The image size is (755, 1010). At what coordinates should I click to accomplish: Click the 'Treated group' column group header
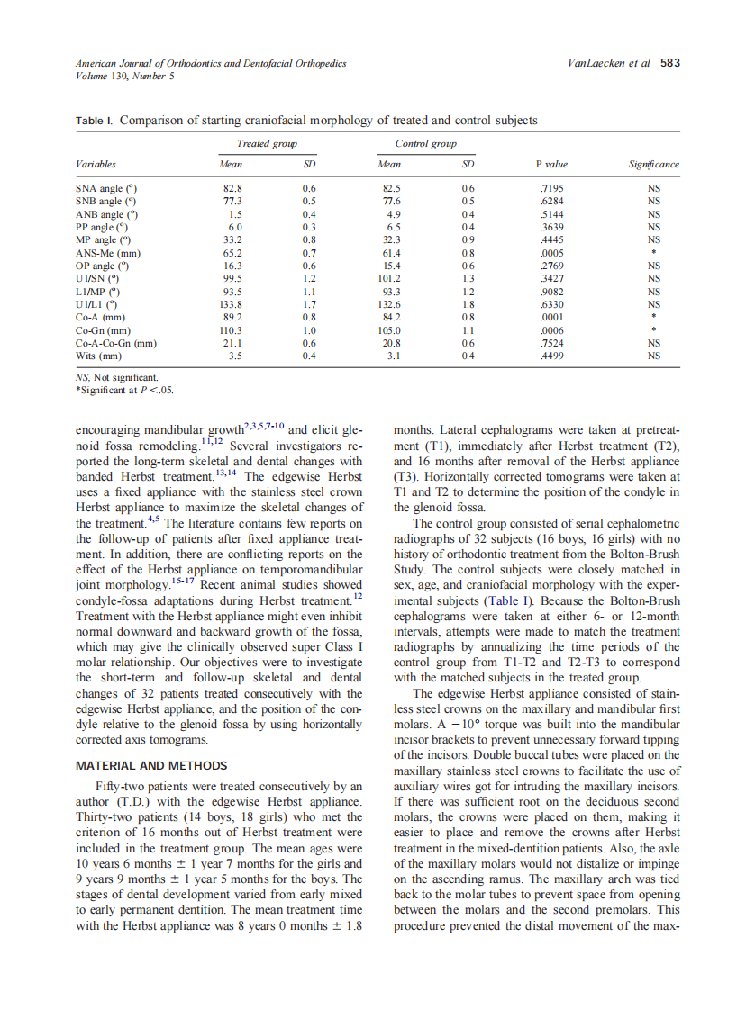267,143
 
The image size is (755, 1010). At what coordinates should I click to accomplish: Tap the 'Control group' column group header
425,143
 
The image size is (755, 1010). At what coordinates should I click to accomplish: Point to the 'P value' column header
551,165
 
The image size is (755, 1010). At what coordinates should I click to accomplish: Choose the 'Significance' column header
653,165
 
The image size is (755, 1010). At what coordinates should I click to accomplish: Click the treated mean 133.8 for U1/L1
232,304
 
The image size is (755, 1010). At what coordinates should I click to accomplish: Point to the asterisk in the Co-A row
654,318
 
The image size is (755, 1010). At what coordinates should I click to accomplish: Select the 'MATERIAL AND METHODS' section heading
151,766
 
